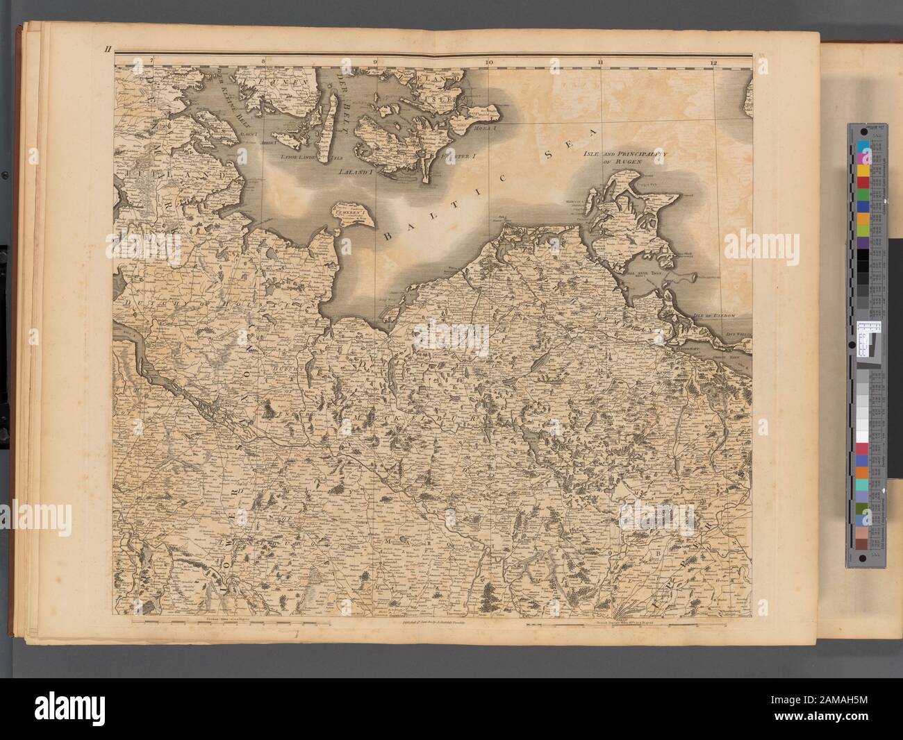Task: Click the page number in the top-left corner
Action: [x=109, y=49]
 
